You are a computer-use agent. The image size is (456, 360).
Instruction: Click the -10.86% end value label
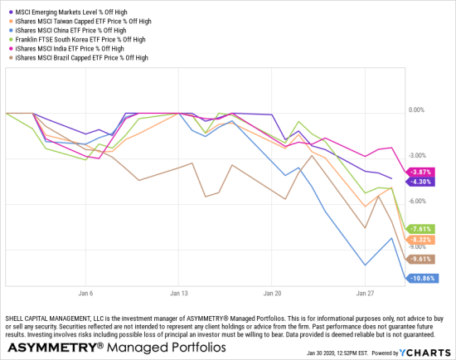[423, 278]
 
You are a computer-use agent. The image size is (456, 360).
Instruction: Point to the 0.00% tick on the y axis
[419, 110]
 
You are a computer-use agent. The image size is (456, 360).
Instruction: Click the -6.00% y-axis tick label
[419, 201]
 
